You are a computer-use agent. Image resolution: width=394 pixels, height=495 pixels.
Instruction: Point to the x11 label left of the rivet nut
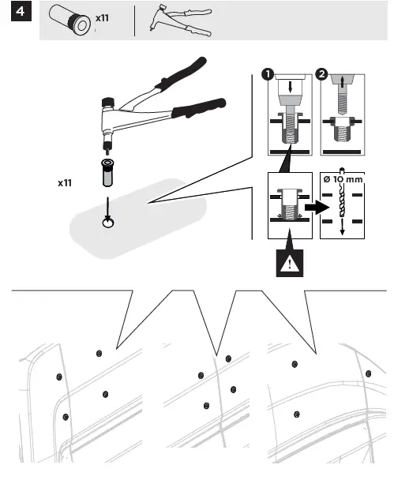point(65,182)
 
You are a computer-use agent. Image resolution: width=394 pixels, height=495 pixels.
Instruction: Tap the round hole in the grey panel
point(108,224)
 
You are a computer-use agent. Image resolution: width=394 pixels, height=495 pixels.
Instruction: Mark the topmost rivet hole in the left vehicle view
point(98,352)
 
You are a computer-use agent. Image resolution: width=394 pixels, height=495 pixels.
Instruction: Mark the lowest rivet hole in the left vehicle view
point(66,416)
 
